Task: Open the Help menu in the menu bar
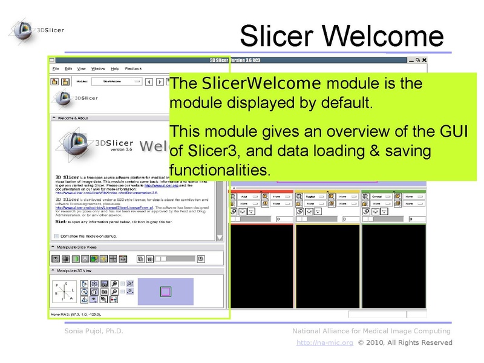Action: pos(115,69)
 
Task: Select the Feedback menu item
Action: pos(134,69)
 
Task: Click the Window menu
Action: pos(98,69)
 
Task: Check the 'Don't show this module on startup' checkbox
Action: pos(56,236)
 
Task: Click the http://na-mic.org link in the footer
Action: pos(325,342)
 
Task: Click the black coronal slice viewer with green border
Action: pos(393,266)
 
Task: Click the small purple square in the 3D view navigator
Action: pos(165,292)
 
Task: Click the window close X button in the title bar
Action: pos(425,60)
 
